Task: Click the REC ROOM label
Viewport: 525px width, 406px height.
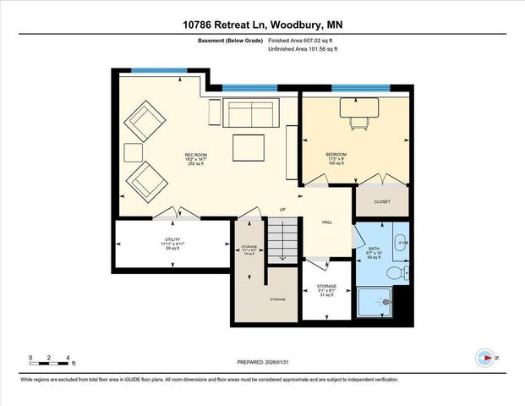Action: click(196, 155)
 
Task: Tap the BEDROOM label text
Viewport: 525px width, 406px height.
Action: click(336, 155)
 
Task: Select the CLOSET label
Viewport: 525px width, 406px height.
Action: click(381, 202)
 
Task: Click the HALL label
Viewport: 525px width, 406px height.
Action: click(327, 222)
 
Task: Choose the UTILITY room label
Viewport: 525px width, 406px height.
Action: click(172, 240)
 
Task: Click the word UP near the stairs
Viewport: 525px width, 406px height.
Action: click(282, 210)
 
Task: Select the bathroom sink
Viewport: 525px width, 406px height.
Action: click(400, 243)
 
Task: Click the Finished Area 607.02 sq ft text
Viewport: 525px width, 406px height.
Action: click(302, 40)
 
